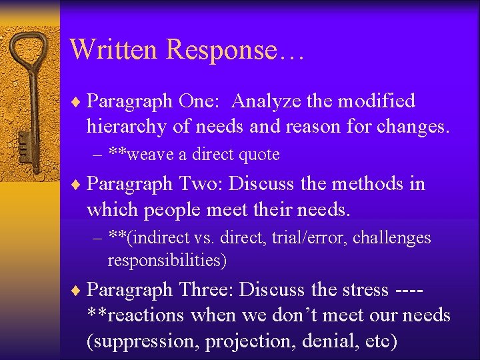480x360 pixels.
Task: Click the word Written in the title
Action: point(113,49)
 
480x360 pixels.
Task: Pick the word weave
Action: point(152,155)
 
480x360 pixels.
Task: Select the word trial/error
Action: point(309,238)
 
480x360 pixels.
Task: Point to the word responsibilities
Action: point(167,260)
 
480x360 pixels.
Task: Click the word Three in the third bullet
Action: point(207,290)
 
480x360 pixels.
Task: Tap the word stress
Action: point(363,290)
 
